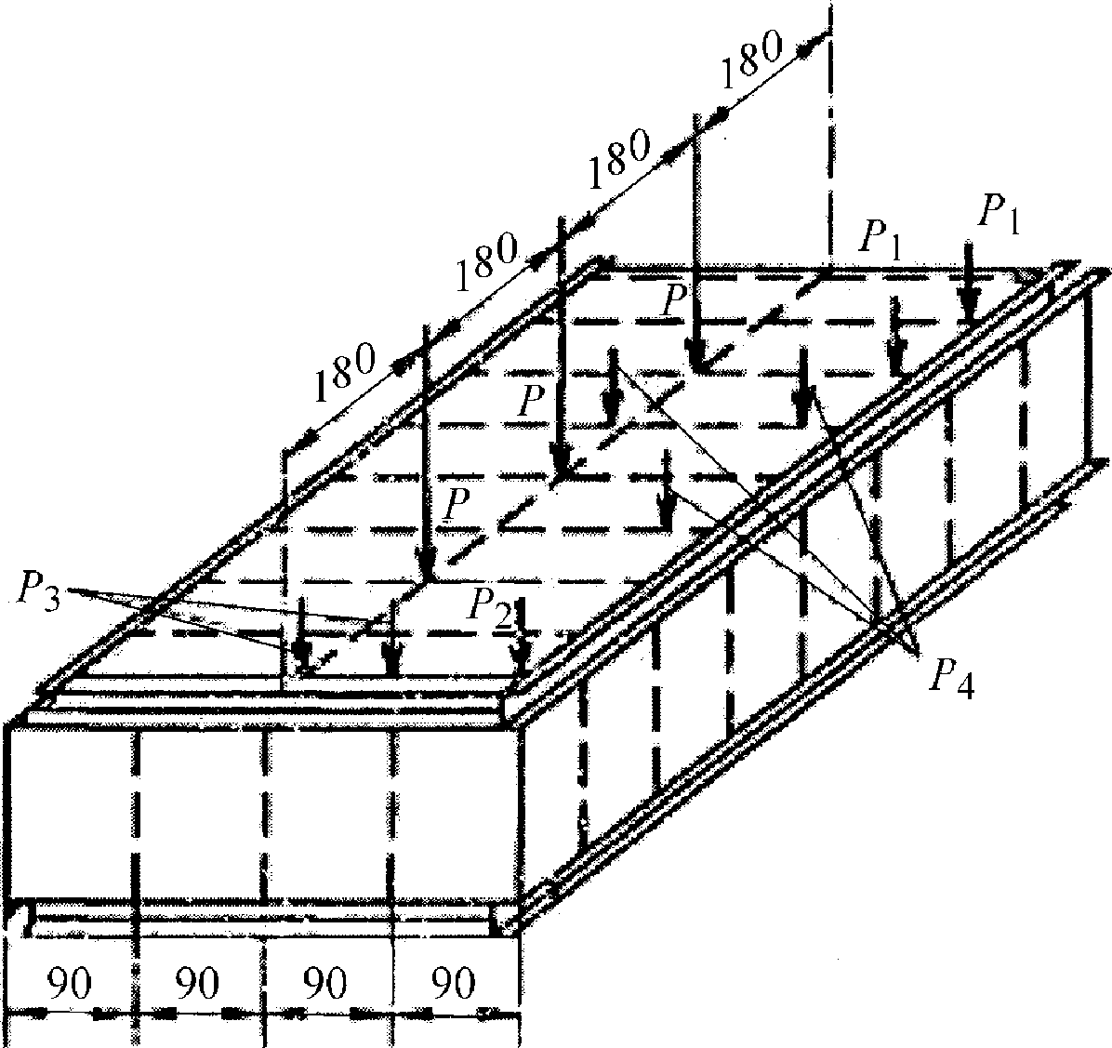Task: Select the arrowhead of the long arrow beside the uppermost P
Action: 695,361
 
